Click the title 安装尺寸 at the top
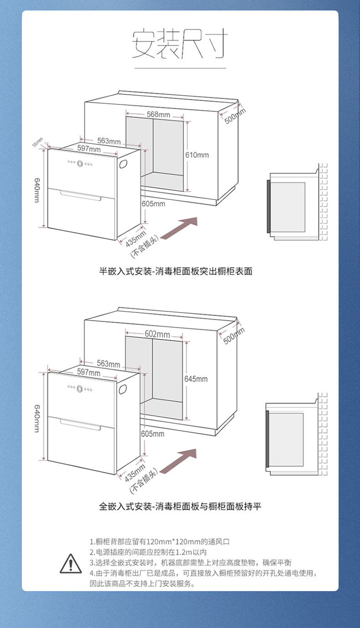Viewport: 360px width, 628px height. [180, 44]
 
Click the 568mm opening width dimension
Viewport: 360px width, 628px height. [158, 114]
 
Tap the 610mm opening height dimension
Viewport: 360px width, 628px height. [197, 155]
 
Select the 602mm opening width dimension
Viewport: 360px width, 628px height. [157, 334]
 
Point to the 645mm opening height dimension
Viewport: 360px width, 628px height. [196, 378]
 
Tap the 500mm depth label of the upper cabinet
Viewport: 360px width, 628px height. [235, 117]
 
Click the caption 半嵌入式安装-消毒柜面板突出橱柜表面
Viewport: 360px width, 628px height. [175, 271]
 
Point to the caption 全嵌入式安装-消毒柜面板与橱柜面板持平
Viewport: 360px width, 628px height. [180, 506]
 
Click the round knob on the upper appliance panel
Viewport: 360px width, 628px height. [80, 164]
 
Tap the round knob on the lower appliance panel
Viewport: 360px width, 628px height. [80, 388]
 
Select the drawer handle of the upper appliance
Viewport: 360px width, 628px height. [81, 196]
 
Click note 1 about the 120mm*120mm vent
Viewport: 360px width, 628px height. [159, 542]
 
